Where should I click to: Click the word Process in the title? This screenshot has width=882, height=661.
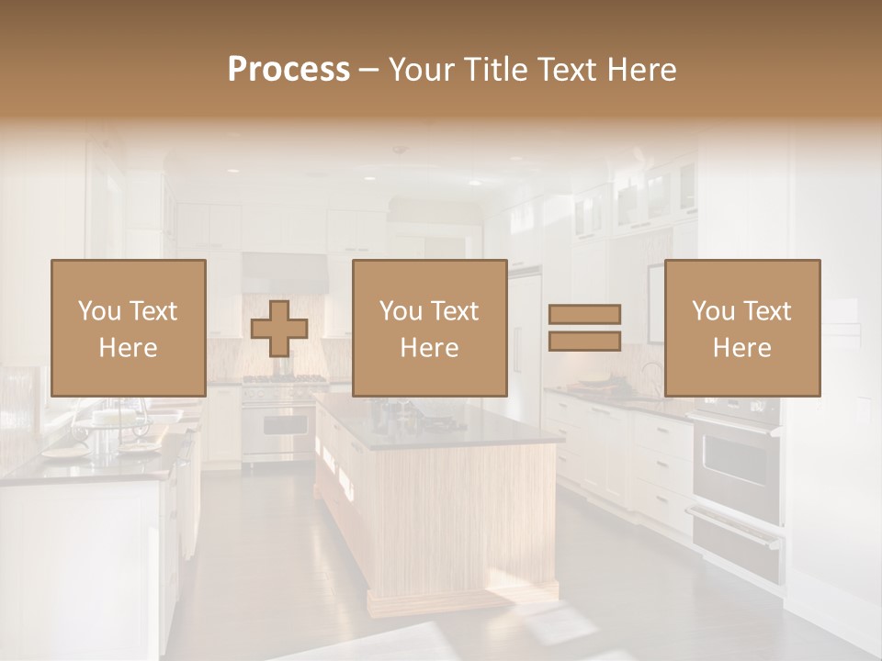tap(288, 70)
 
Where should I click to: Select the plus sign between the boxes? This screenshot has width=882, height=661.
tap(279, 329)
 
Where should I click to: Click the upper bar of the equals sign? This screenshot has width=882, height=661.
tap(584, 314)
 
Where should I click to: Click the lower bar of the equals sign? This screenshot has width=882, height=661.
tap(584, 341)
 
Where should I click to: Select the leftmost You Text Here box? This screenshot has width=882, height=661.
tap(128, 328)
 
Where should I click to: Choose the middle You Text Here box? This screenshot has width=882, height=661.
tap(429, 328)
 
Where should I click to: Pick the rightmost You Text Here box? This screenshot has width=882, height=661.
tap(742, 328)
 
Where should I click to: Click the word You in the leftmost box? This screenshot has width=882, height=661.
tap(97, 311)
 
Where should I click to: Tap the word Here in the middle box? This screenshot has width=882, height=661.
tap(429, 348)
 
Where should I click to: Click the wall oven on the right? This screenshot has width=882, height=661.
tap(735, 464)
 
